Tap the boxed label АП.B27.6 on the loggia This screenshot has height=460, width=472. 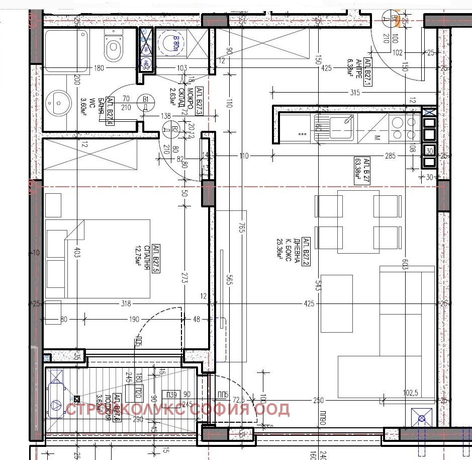[117, 407]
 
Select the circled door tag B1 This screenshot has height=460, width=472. [146, 99]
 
